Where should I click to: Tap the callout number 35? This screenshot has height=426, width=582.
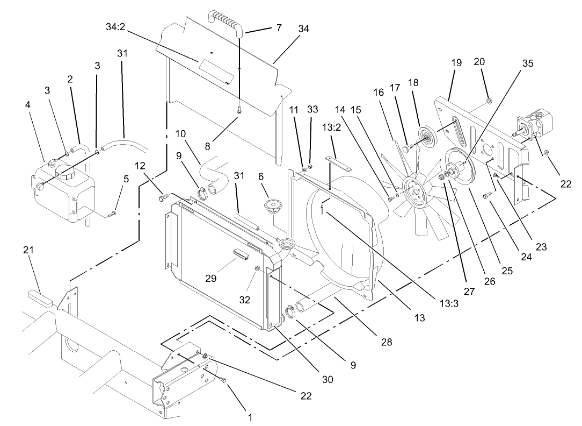click(527, 63)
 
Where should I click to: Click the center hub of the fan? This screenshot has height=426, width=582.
click(414, 191)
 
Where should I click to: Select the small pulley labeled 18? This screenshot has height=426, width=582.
click(427, 134)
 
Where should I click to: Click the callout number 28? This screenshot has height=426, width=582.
click(386, 342)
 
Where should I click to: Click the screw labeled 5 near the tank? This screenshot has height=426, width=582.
click(113, 215)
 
